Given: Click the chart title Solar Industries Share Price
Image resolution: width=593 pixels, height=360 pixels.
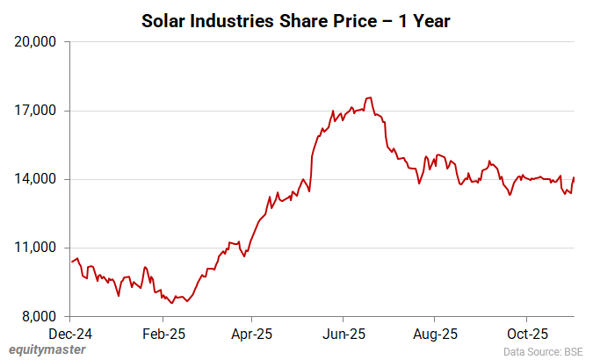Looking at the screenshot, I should [x=296, y=19].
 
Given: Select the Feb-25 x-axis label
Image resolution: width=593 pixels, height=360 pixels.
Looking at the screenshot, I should [x=162, y=334].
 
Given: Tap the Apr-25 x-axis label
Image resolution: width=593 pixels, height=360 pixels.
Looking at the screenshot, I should [x=251, y=334].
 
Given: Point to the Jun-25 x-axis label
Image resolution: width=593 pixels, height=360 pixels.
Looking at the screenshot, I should [x=343, y=334].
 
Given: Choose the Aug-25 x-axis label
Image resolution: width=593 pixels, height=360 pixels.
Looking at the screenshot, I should [x=435, y=334].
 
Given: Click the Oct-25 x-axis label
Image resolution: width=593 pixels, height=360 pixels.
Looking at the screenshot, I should [x=526, y=334].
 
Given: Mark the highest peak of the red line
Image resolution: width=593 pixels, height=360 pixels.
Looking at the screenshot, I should [x=370, y=97].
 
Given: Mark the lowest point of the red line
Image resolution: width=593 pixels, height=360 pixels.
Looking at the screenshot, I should [x=172, y=303].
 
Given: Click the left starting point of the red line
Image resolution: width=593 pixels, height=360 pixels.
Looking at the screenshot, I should [x=71, y=262].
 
